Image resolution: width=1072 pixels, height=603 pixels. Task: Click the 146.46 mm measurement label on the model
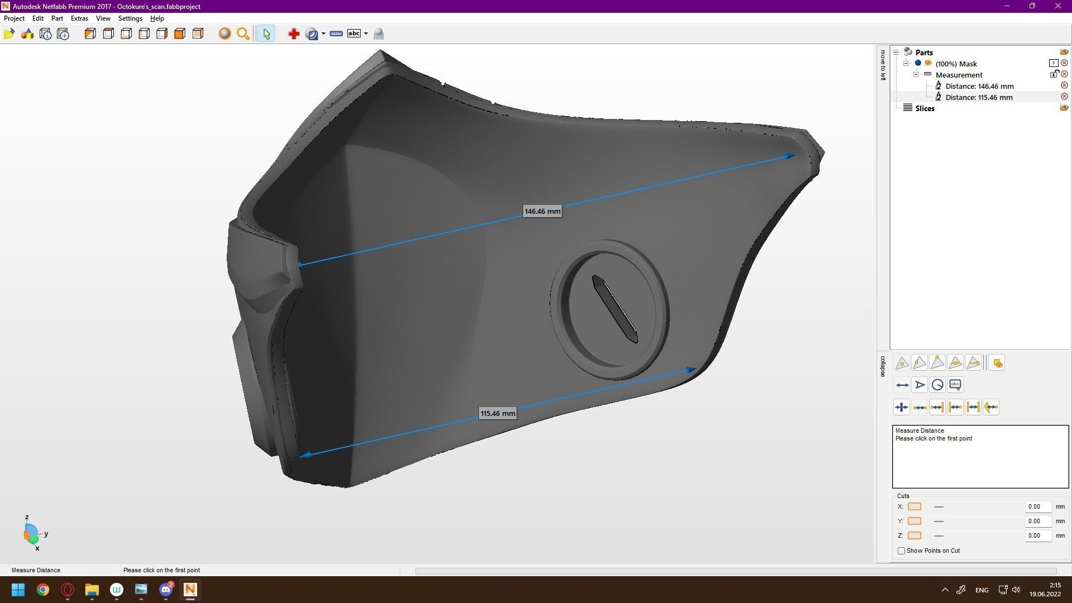(542, 212)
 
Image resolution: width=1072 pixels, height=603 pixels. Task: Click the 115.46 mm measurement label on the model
(497, 414)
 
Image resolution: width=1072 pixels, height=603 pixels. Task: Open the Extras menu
(79, 18)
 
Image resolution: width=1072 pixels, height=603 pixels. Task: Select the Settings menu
(130, 18)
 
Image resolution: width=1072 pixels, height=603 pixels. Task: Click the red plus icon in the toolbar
(294, 34)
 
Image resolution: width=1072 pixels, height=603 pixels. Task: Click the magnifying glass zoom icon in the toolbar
(243, 34)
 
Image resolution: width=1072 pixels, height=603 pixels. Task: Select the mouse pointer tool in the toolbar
(266, 34)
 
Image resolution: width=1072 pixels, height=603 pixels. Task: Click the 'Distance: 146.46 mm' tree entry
(979, 86)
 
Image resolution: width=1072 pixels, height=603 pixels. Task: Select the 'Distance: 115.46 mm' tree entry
(979, 97)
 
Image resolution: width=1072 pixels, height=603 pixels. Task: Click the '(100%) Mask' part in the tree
(956, 64)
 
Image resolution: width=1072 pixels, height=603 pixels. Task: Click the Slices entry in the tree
(925, 108)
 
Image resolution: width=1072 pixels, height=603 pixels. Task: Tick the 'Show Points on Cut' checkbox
(901, 551)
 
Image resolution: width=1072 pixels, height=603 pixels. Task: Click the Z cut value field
(1037, 536)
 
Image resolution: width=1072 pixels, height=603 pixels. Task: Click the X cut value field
(1037, 507)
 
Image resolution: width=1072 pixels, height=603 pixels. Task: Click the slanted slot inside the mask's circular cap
(615, 309)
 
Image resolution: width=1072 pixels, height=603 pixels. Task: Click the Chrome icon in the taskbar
(43, 590)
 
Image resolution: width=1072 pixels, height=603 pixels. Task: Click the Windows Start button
(18, 590)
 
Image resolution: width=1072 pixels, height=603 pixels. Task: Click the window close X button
(1057, 6)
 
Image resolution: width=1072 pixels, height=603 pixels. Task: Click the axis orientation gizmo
(32, 534)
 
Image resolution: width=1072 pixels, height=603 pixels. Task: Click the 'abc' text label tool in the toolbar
(354, 34)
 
